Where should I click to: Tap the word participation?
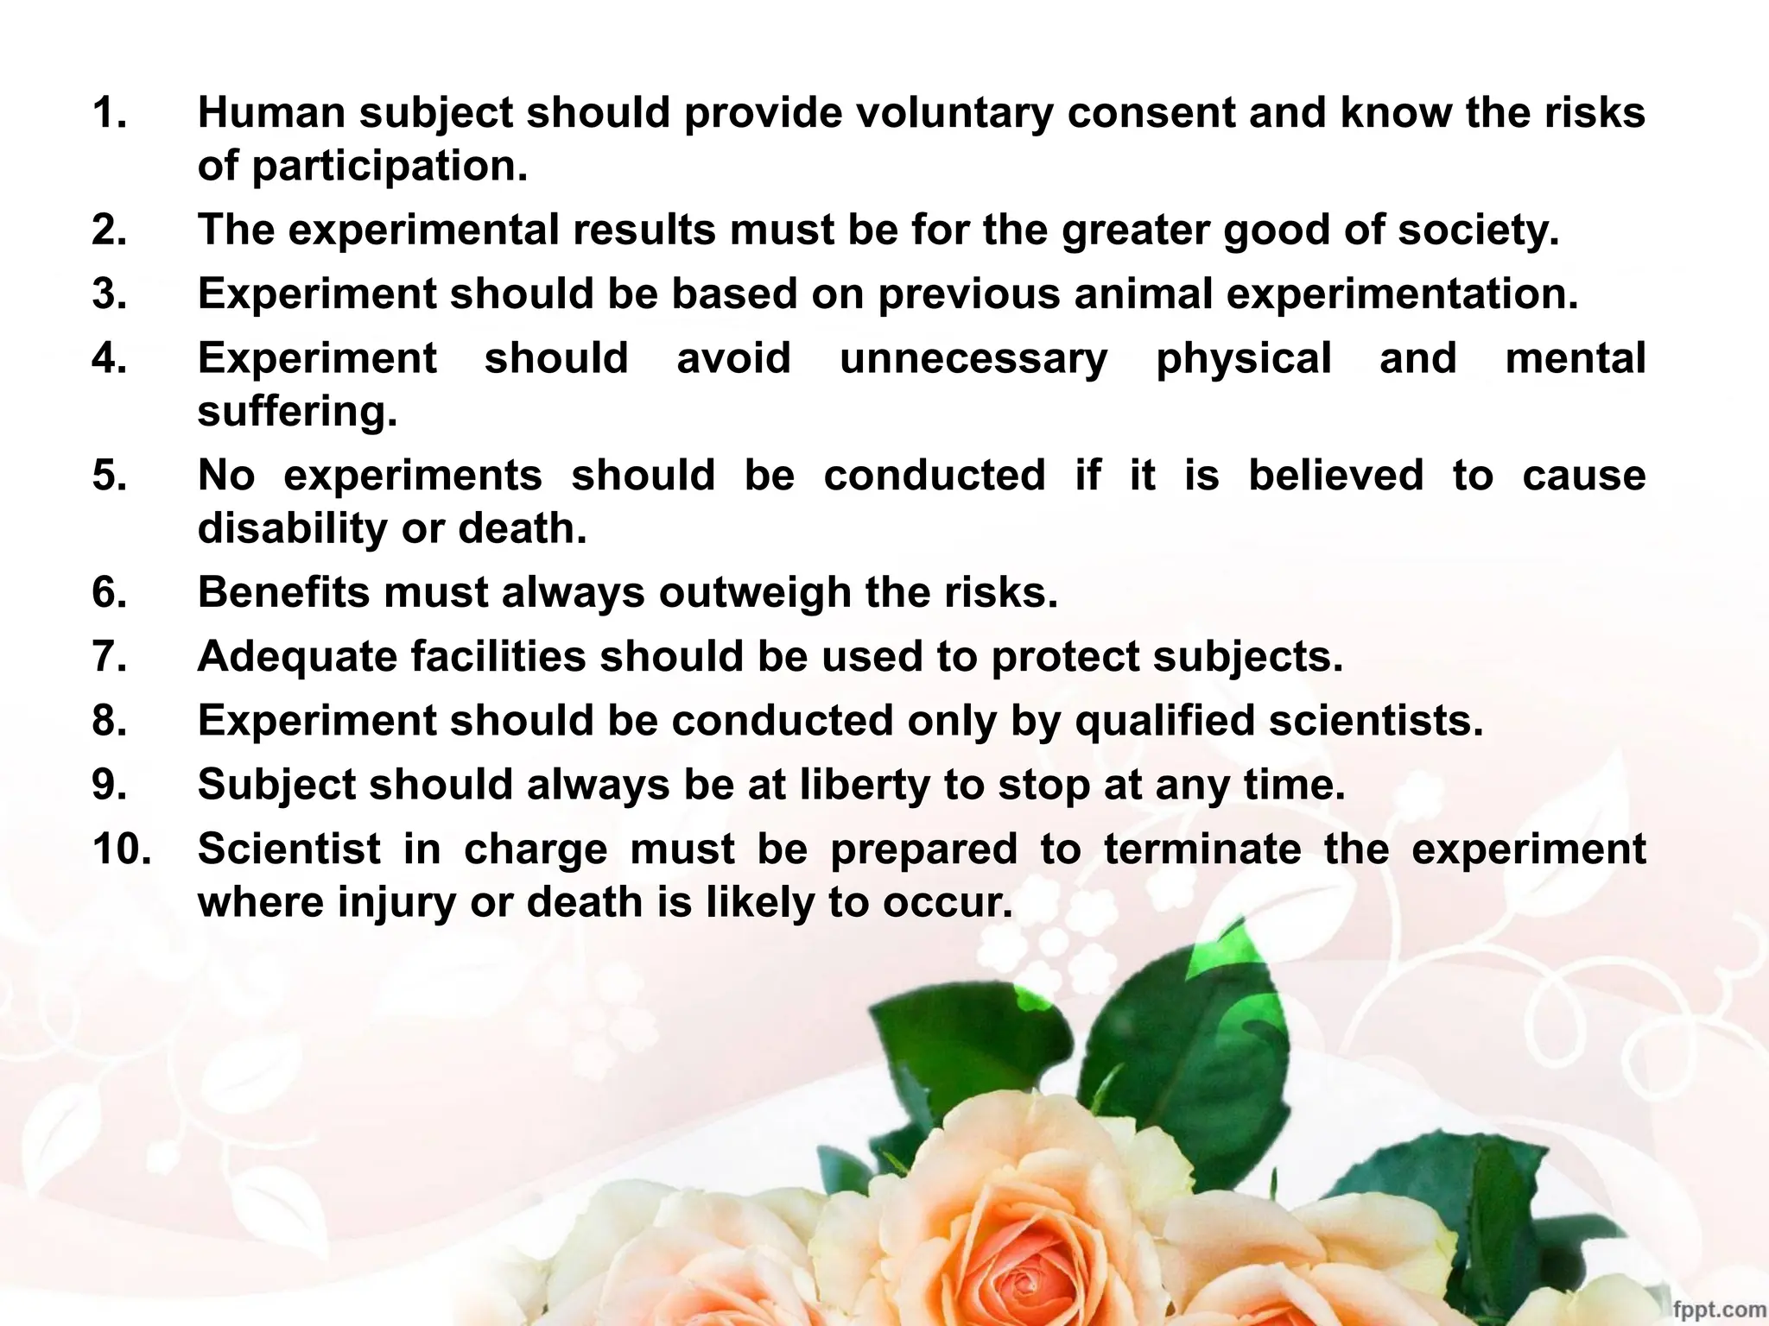389,167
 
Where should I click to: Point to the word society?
1479,230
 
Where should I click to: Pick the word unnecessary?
973,359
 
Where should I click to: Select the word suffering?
297,412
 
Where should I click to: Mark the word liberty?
865,786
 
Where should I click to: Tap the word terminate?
1202,849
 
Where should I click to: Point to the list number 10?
122,849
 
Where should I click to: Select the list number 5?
110,476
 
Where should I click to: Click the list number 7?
110,656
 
